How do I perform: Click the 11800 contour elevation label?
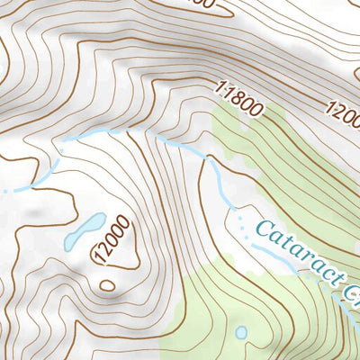[238, 100]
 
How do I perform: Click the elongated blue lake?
[84, 231]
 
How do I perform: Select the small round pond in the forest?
[240, 333]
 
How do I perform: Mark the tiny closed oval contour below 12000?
[107, 285]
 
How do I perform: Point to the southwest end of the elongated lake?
[68, 244]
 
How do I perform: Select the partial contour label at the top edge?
[202, 4]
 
